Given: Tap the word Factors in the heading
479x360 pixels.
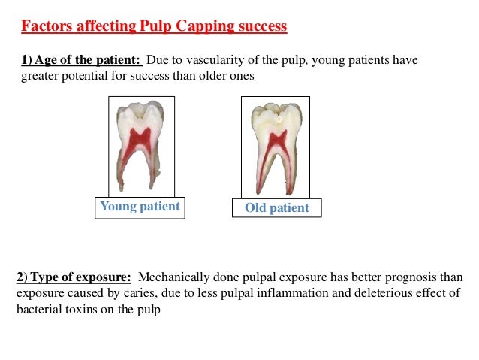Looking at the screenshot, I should tap(46, 27).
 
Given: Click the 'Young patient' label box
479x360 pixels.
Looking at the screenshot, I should tap(140, 207).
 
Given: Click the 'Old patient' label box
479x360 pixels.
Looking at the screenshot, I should tap(277, 208).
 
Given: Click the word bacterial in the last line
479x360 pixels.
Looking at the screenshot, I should tap(41, 309).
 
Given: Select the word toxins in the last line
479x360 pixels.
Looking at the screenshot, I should tap(86, 309).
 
